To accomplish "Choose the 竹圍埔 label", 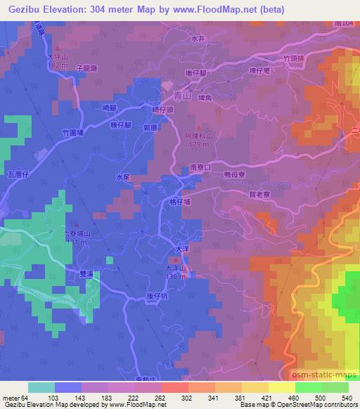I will (73, 131).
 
